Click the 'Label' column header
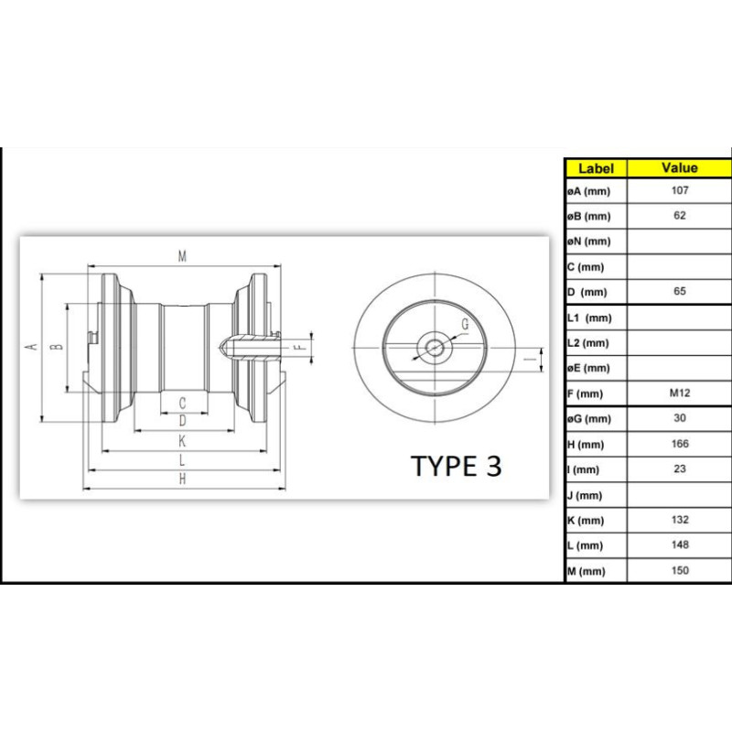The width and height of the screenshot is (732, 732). click(596, 168)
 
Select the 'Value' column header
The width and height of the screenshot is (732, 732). click(679, 167)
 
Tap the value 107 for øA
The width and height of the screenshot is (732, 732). click(680, 190)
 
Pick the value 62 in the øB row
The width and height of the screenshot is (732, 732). click(680, 215)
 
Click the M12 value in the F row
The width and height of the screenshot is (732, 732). click(680, 393)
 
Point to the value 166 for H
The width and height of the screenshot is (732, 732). click(680, 444)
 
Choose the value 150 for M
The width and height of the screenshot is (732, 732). click(680, 570)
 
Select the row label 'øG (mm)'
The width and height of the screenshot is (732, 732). click(589, 419)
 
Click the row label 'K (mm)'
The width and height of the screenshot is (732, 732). click(586, 521)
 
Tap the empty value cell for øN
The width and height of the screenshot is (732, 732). click(679, 242)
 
